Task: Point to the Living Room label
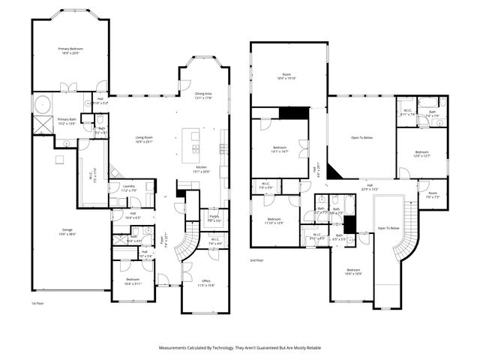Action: tap(145, 138)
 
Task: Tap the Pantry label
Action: tap(214, 218)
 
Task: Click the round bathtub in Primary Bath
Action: tap(41, 103)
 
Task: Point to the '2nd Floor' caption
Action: tap(257, 259)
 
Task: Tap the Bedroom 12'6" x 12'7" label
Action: tap(421, 154)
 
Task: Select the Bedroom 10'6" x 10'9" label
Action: tap(353, 271)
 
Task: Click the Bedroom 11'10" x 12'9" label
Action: tap(273, 221)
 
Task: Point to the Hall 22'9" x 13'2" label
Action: tap(370, 187)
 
